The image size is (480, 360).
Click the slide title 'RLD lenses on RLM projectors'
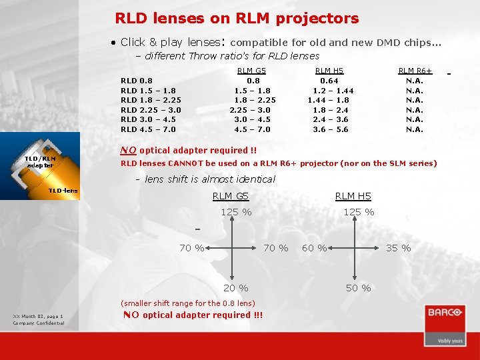[237, 19]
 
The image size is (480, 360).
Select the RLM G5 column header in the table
[251, 71]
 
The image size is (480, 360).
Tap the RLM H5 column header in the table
[329, 71]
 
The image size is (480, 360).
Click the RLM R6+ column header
[415, 71]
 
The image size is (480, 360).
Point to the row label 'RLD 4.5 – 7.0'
[148, 129]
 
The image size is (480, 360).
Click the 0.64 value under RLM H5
[329, 81]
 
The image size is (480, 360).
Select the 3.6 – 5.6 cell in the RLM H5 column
[331, 129]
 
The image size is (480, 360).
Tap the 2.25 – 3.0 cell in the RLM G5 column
[250, 110]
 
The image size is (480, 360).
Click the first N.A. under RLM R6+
[415, 81]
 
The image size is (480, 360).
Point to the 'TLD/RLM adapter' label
[40, 161]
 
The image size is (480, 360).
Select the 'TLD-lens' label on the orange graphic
[63, 191]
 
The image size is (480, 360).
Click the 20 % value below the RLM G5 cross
[235, 288]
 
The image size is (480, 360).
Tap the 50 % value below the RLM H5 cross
[358, 288]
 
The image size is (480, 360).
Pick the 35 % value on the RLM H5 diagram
[398, 248]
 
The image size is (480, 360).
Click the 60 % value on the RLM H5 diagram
[314, 248]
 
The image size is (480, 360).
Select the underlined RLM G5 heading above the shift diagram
[230, 196]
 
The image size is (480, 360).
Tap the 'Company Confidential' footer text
[39, 323]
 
